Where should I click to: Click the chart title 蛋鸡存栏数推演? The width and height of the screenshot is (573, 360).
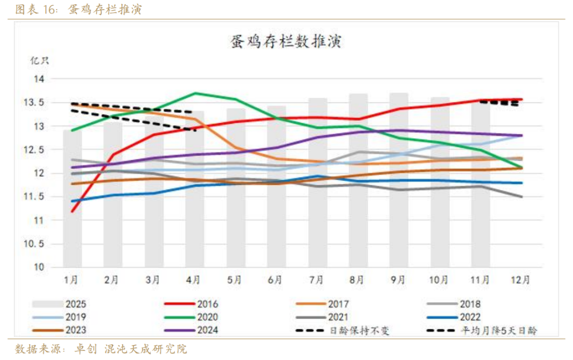point(286,41)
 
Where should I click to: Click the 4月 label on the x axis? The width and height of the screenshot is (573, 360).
point(193,280)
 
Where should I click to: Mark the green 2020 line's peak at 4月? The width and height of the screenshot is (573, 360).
point(195,93)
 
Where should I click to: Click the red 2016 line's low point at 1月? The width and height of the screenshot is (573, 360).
point(72,211)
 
